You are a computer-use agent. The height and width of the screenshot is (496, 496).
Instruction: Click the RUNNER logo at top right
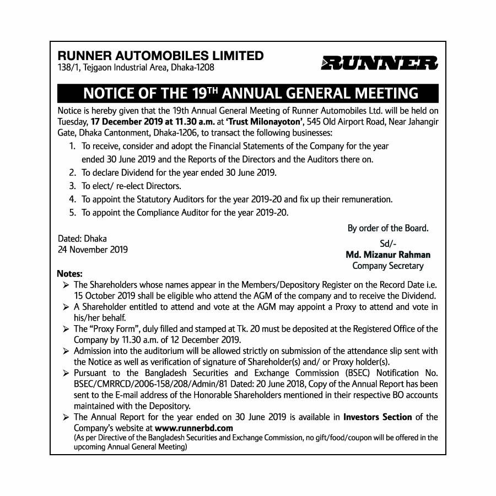(379, 63)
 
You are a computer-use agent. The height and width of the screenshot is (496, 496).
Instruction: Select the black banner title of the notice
(247, 92)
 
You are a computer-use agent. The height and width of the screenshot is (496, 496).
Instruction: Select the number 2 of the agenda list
(72, 172)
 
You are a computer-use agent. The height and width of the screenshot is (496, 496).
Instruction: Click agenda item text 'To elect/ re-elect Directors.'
(131, 186)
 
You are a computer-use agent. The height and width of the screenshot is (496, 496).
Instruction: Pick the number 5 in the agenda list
(72, 212)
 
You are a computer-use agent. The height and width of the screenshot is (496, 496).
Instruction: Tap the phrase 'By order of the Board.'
(388, 228)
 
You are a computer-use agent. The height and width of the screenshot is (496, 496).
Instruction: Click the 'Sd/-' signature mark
(388, 244)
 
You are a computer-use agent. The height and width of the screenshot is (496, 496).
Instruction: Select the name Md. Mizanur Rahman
(388, 255)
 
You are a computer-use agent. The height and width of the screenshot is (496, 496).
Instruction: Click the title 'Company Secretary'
(388, 266)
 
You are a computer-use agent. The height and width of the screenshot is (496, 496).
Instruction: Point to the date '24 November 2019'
(93, 249)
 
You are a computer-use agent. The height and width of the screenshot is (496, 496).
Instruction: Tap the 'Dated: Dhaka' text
(83, 239)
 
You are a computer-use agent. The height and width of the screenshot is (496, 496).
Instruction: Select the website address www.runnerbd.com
(194, 428)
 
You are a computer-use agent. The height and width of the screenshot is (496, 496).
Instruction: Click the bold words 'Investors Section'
(378, 417)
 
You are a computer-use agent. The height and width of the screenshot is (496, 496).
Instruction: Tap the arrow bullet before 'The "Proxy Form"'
(66, 329)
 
